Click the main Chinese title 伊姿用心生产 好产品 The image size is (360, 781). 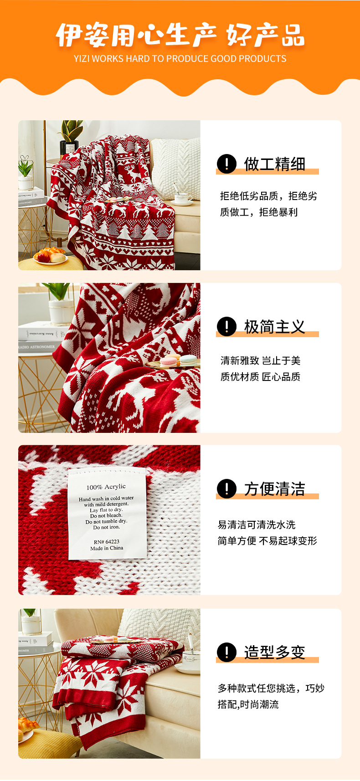pyautogui.click(x=180, y=35)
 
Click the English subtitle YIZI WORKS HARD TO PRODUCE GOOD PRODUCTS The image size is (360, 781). pyautogui.click(x=180, y=59)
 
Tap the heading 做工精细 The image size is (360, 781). pyautogui.click(x=274, y=164)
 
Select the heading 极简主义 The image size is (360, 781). pyautogui.click(x=274, y=327)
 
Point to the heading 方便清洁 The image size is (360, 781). pyautogui.click(x=274, y=489)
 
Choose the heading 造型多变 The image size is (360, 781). pyautogui.click(x=274, y=652)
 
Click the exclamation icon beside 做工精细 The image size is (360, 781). pyautogui.click(x=226, y=164)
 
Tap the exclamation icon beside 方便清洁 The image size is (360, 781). pyautogui.click(x=226, y=488)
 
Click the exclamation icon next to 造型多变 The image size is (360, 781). pyautogui.click(x=226, y=652)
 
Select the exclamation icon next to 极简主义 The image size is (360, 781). pyautogui.click(x=226, y=326)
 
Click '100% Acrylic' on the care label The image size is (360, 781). pyautogui.click(x=106, y=487)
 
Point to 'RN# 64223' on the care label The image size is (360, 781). pyautogui.click(x=107, y=542)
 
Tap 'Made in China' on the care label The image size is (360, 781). pyautogui.click(x=107, y=548)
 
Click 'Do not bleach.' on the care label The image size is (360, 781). pyautogui.click(x=106, y=515)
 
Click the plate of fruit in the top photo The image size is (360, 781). pyautogui.click(x=50, y=256)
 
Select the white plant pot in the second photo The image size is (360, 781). pyautogui.click(x=61, y=312)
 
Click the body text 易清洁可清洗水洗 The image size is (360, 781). pyautogui.click(x=257, y=525)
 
